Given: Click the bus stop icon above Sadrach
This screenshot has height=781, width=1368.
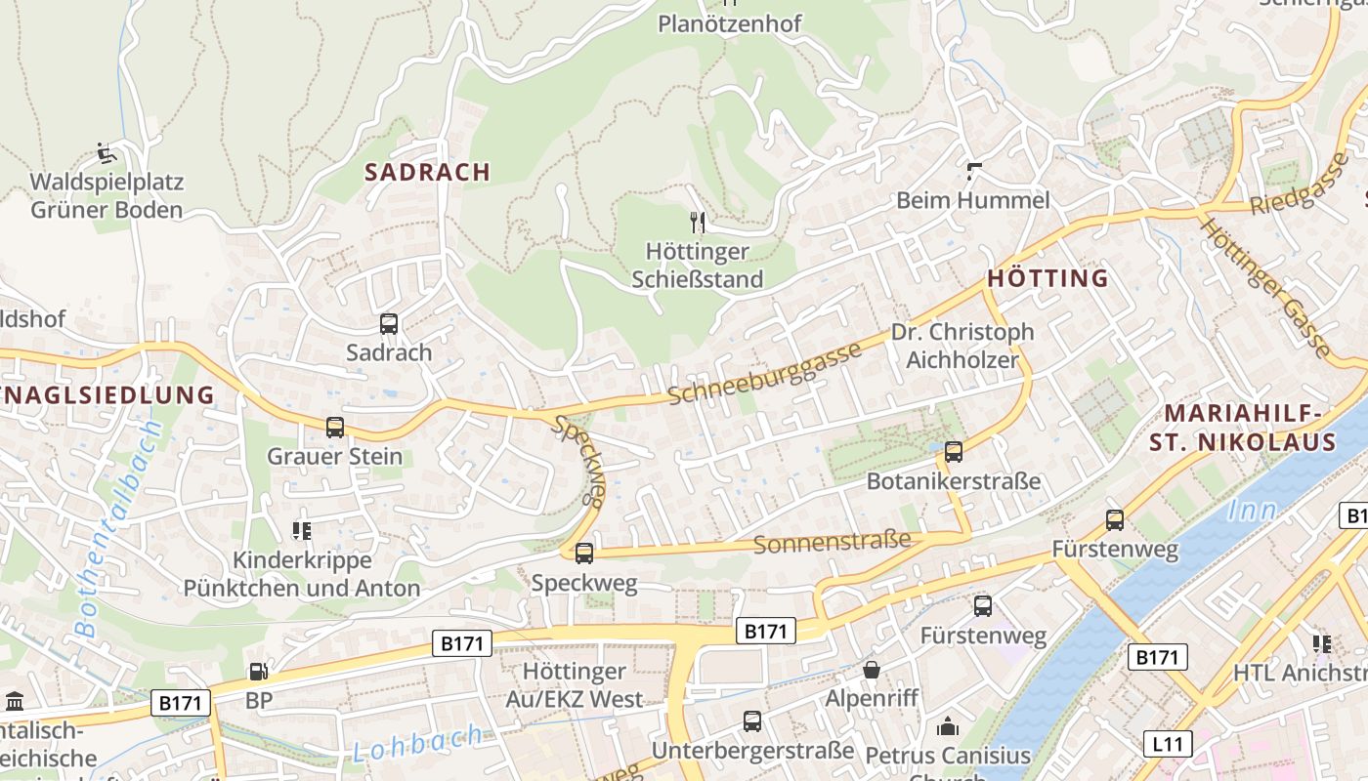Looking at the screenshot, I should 389,324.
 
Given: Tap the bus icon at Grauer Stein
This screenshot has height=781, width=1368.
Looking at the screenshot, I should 335,428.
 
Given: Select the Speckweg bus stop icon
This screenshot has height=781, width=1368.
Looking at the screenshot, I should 584,554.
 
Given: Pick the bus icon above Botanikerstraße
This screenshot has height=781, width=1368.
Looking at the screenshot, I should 954,452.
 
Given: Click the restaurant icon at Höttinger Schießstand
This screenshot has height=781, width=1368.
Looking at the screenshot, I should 698,223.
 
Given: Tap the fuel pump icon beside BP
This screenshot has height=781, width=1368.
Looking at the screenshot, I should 258,672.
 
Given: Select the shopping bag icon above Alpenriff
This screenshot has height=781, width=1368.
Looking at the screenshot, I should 871,670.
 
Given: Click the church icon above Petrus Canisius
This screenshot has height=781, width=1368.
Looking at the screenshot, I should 948,726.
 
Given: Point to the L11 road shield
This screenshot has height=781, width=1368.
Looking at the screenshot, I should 1167,744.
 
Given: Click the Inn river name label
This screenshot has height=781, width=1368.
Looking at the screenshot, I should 1252,510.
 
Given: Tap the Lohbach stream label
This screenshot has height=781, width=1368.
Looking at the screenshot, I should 418,743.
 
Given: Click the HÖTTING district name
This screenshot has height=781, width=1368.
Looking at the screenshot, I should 1047,278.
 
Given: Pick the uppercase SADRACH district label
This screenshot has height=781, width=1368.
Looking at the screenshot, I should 427,172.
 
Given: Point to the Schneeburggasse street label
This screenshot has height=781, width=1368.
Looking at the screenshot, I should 765,372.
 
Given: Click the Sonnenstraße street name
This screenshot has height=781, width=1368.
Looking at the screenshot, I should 832,542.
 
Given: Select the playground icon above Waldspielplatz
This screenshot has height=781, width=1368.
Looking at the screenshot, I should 107,153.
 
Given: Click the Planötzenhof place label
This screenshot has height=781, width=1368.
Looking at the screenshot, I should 730,23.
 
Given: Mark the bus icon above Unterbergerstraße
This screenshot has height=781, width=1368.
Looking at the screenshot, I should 752,721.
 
